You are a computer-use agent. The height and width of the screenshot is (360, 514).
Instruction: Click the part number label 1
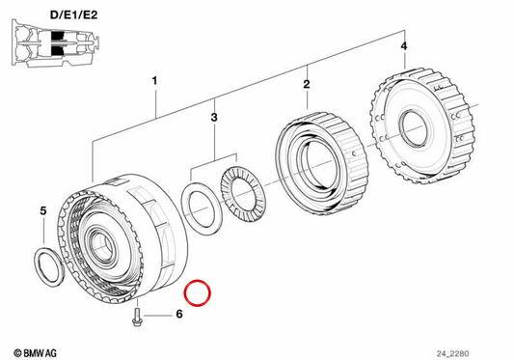154,81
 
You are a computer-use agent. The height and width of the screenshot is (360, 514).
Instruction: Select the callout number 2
307,84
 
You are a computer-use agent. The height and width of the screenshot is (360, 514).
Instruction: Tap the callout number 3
214,117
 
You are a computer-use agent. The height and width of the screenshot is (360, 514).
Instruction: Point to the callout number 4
404,46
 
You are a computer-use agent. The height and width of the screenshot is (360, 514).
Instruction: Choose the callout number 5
43,211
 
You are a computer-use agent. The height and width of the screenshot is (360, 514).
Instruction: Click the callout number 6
179,314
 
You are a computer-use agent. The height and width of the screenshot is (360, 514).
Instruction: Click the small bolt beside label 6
136,317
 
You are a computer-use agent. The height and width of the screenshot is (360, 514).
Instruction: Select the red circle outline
198,293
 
